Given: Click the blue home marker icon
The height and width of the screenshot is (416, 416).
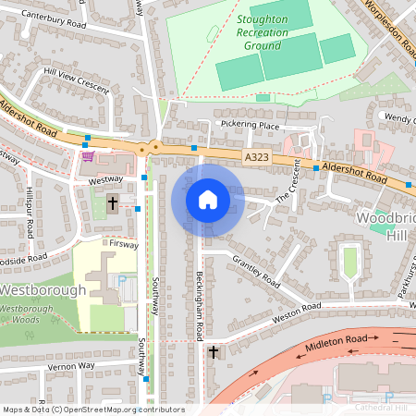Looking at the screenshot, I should [207, 200].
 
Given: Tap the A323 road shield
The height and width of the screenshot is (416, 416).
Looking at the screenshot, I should [258, 159].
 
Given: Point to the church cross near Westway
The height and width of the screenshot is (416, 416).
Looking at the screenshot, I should [113, 202].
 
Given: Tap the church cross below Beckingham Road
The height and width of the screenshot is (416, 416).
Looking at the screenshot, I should [214, 352].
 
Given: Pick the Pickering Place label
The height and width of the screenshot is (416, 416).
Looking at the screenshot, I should [249, 125].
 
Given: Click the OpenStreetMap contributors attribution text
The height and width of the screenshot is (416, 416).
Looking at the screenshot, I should [92, 409].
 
